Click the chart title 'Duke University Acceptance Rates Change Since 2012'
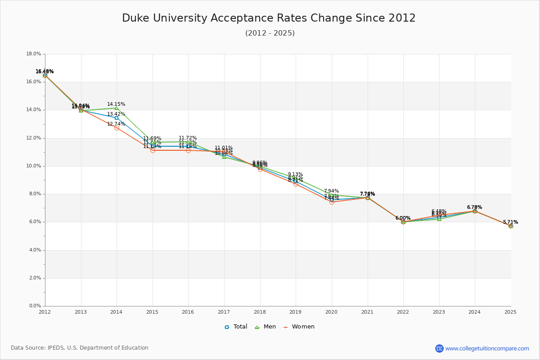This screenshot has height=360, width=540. pyautogui.click(x=269, y=18)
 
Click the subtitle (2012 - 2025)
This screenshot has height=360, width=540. pyautogui.click(x=270, y=33)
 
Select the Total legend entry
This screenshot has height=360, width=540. pyautogui.click(x=236, y=327)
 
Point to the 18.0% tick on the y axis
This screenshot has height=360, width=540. pyautogui.click(x=34, y=54)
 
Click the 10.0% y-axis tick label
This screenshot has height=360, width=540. pyautogui.click(x=34, y=166)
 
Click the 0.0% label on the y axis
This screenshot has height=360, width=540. pyautogui.click(x=35, y=306)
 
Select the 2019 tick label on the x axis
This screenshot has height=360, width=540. pyautogui.click(x=296, y=312)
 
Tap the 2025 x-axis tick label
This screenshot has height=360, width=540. pyautogui.click(x=510, y=312)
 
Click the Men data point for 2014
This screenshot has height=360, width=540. pyautogui.click(x=117, y=108)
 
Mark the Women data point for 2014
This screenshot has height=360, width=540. pyautogui.click(x=117, y=128)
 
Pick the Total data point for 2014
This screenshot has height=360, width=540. pyautogui.click(x=117, y=118)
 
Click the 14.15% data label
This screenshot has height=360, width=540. pyautogui.click(x=116, y=104)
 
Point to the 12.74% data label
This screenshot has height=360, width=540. pyautogui.click(x=116, y=124)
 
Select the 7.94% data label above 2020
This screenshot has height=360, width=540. pyautogui.click(x=331, y=191)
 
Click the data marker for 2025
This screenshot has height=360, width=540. pyautogui.click(x=511, y=226)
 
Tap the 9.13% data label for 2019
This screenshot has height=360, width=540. pyautogui.click(x=295, y=174)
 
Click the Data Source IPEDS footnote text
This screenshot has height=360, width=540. pyautogui.click(x=80, y=348)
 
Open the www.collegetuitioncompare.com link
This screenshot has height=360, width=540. pyautogui.click(x=487, y=348)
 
